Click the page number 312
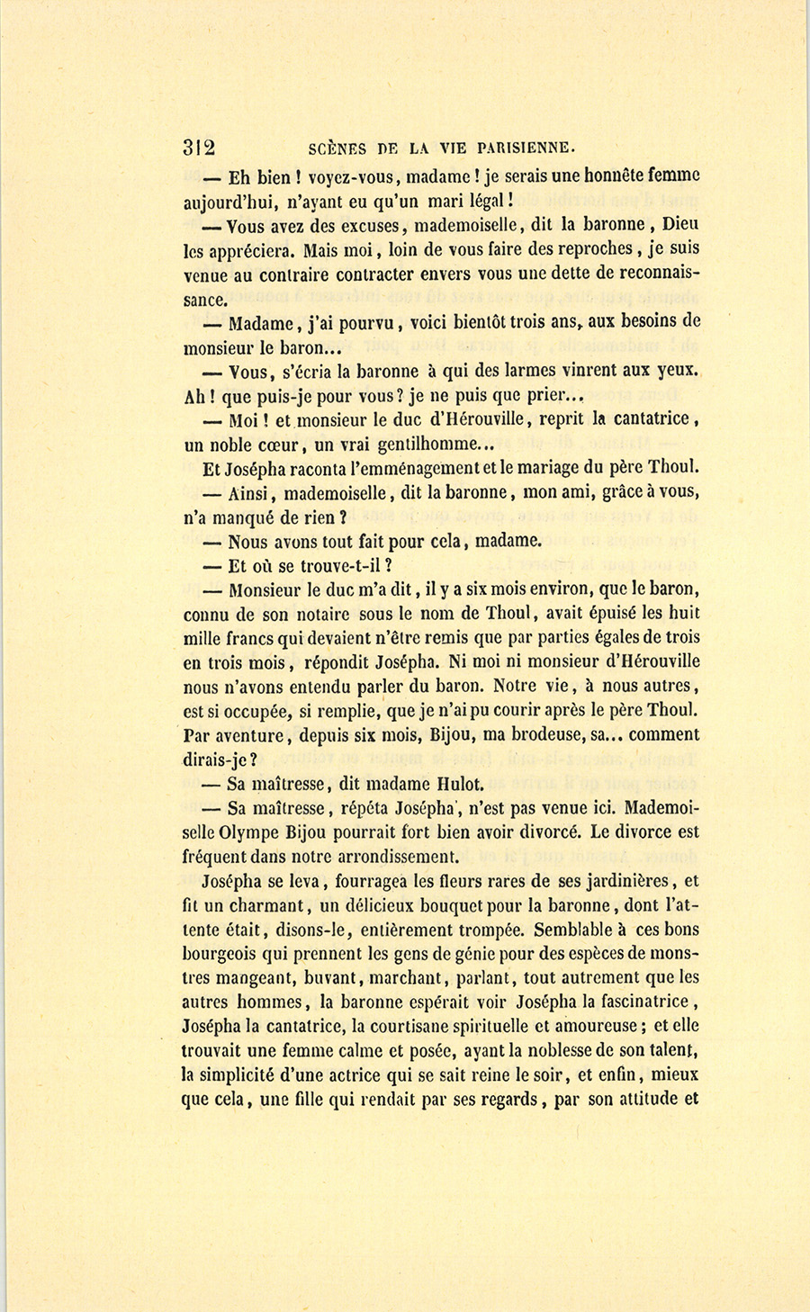click(198, 148)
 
